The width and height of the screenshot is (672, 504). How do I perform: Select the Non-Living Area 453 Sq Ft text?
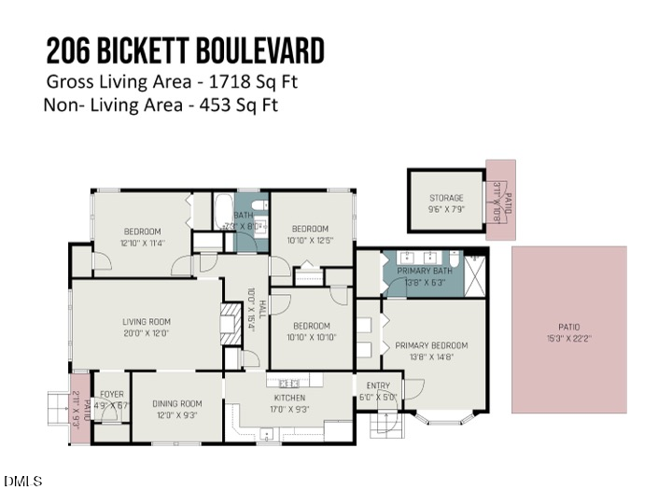point(160,105)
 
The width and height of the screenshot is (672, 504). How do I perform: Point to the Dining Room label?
point(176,404)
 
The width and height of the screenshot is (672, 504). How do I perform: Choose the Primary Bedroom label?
point(431,345)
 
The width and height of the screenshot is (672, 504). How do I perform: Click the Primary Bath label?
point(425,271)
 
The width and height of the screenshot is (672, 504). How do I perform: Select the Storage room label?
point(446,198)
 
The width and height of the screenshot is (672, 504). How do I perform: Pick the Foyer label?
point(112,394)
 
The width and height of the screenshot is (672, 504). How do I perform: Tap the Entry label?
point(378,385)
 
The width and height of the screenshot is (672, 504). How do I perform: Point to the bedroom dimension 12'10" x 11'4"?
point(142,243)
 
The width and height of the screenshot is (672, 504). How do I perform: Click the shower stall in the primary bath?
point(474,273)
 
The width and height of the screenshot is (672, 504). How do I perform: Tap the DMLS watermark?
point(23,482)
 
